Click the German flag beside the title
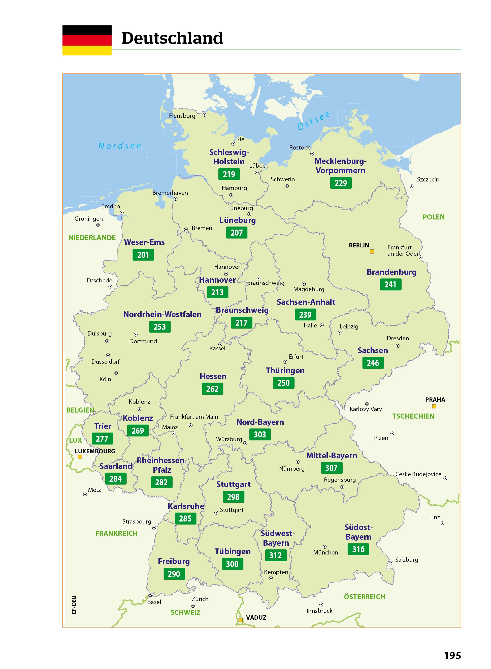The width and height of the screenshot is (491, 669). pyautogui.click(x=87, y=40)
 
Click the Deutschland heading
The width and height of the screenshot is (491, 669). pyautogui.click(x=172, y=38)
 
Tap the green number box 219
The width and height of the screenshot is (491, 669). pyautogui.click(x=229, y=174)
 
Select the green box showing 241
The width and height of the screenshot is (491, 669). pyautogui.click(x=390, y=284)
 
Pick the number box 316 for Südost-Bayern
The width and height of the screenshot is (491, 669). pyautogui.click(x=358, y=549)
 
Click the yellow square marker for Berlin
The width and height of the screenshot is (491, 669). pyautogui.click(x=372, y=251)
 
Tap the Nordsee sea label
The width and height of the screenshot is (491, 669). pyautogui.click(x=120, y=146)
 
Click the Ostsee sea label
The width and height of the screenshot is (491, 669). pyautogui.click(x=314, y=121)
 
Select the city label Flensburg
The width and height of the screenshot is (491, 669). pyautogui.click(x=182, y=116)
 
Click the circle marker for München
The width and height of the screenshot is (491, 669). pyautogui.click(x=324, y=547)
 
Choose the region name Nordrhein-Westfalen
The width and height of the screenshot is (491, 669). pyautogui.click(x=162, y=314)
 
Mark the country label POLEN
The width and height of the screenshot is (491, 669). pyautogui.click(x=434, y=217)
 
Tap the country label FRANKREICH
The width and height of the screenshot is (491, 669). pyautogui.click(x=116, y=534)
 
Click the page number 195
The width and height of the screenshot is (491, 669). pyautogui.click(x=452, y=655)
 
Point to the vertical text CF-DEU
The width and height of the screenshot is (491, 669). pyautogui.click(x=74, y=605)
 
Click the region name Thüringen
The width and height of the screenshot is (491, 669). pyautogui.click(x=285, y=370)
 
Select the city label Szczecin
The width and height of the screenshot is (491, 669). pyautogui.click(x=428, y=179)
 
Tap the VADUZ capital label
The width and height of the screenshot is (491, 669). pyautogui.click(x=256, y=618)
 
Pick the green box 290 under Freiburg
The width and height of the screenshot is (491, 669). pyautogui.click(x=174, y=574)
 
